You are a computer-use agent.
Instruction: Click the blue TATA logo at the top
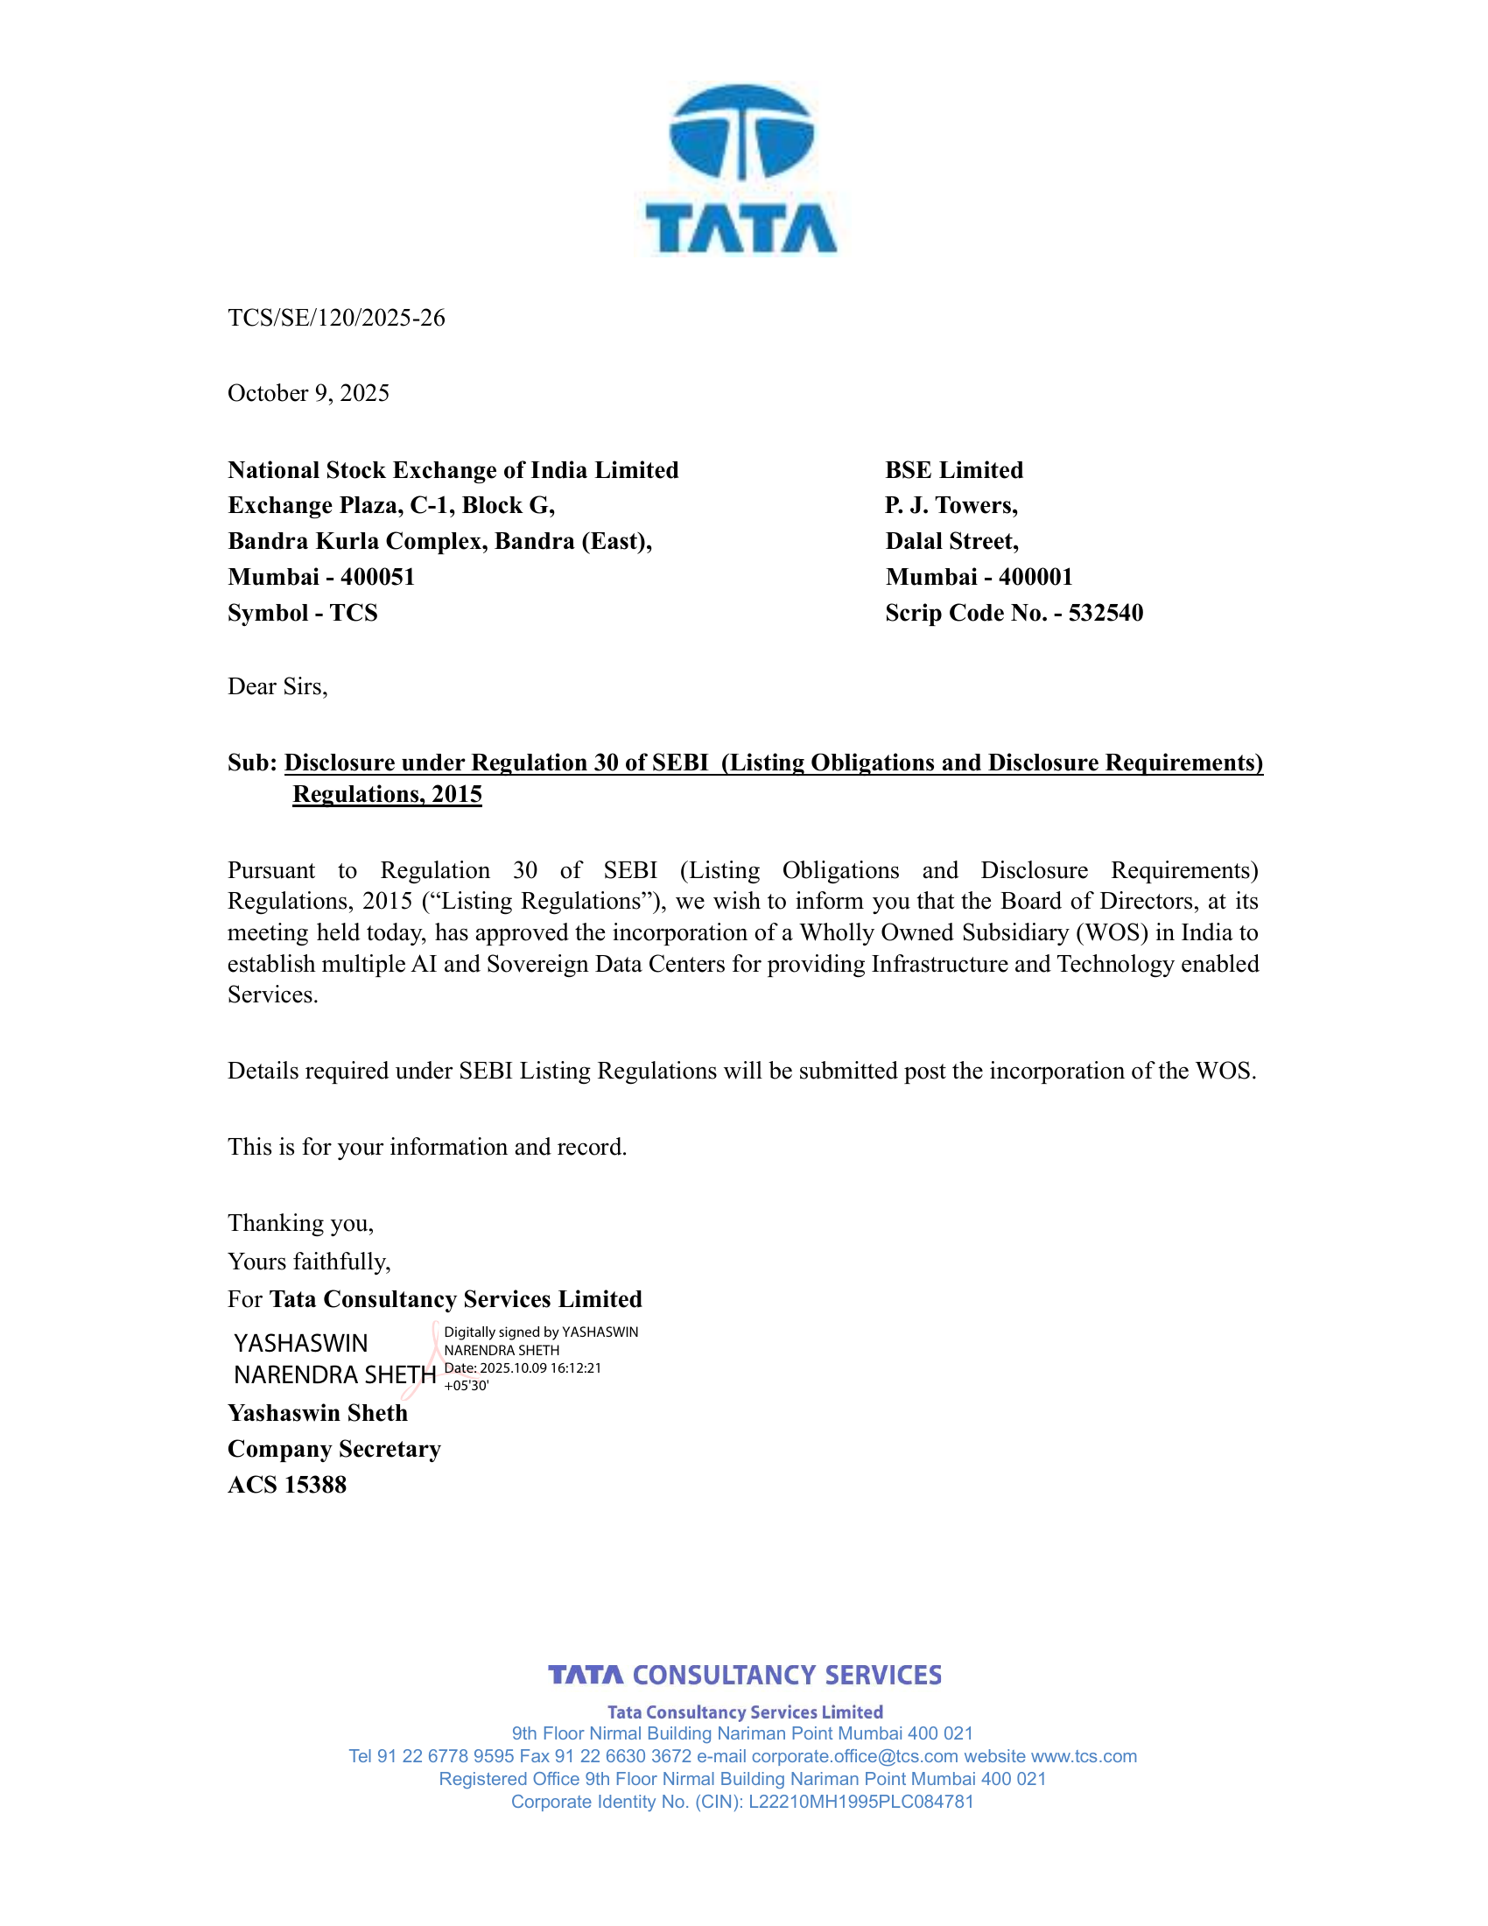[741, 169]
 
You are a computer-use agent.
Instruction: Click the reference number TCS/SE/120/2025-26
[336, 318]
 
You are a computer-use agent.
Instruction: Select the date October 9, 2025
[307, 393]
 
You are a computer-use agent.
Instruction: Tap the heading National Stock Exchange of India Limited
[453, 470]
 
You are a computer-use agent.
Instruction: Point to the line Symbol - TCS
[302, 613]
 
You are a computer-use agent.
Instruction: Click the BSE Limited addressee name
[954, 470]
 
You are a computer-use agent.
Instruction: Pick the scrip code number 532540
[1105, 613]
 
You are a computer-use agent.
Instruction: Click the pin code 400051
[377, 577]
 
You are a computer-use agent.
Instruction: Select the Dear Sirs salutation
[277, 687]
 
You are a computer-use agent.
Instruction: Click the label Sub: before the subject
[252, 763]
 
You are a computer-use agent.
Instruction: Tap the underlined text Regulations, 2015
[387, 795]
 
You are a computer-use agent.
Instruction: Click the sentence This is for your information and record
[426, 1148]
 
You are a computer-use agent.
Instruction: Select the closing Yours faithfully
[308, 1262]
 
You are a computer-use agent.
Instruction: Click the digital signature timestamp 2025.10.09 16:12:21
[540, 1367]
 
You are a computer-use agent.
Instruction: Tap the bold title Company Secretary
[334, 1449]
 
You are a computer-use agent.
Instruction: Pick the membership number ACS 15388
[286, 1485]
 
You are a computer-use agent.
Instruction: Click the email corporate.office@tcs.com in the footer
[854, 1756]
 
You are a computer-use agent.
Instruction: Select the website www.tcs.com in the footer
[1084, 1756]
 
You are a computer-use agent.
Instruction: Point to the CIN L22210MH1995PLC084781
[860, 1802]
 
